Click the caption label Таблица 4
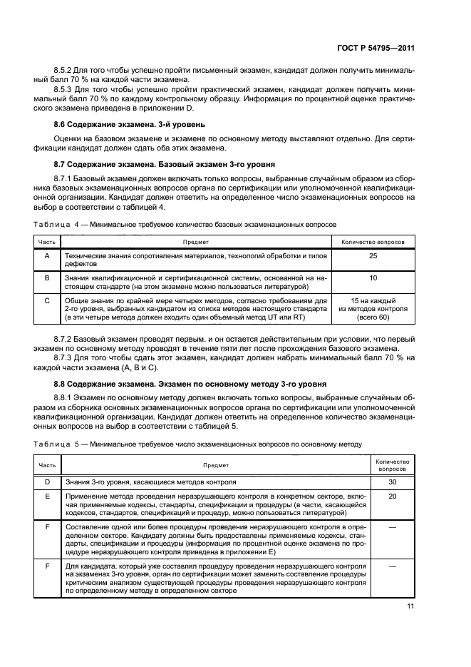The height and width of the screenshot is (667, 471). pos(55,224)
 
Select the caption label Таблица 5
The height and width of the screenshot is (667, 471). pos(55,444)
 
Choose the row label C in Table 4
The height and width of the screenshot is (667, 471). pos(46,301)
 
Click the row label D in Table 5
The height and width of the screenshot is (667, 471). pos(46,482)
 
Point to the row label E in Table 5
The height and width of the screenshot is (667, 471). pos(46,496)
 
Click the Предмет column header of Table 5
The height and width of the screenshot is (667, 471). pos(216,465)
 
